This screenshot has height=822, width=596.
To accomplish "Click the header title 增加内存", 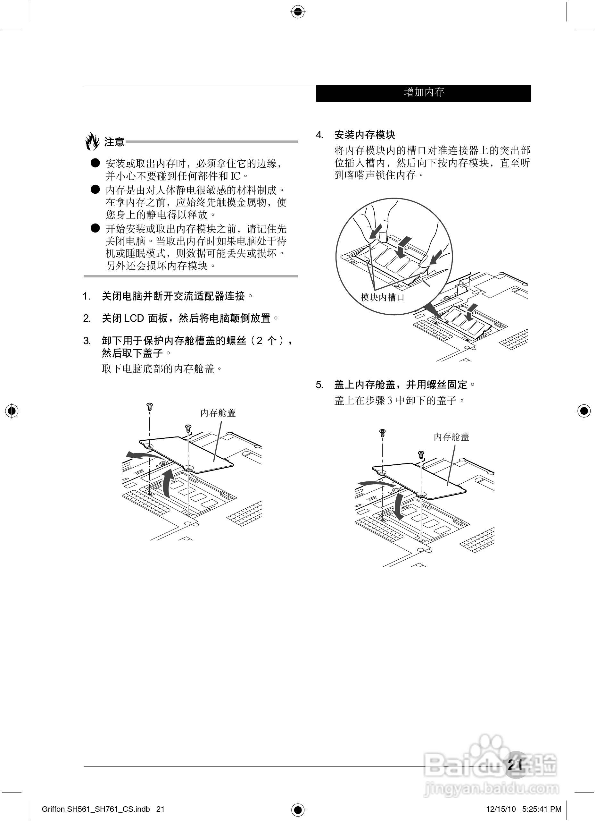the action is tap(424, 92).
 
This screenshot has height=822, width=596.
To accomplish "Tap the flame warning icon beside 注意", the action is tap(92, 141).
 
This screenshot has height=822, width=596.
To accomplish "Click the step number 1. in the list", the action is tap(87, 296).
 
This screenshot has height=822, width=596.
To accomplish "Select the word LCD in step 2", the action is tap(134, 318).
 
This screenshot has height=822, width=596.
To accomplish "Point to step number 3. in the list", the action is tap(87, 341).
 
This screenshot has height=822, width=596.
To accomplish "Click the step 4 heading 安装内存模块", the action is tap(365, 135).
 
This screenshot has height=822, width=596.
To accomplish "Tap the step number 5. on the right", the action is tap(319, 385).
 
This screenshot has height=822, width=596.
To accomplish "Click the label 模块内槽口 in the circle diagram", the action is tap(382, 298).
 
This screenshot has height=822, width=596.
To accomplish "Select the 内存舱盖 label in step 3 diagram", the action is tap(218, 413).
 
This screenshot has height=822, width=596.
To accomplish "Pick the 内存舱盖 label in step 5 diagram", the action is tap(451, 437).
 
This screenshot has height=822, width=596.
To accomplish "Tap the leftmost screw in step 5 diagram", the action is tap(382, 432).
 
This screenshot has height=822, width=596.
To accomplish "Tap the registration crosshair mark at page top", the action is tap(298, 12).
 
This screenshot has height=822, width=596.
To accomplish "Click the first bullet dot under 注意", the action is tap(95, 163).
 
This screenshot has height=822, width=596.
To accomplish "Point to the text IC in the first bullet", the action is tap(236, 176).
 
